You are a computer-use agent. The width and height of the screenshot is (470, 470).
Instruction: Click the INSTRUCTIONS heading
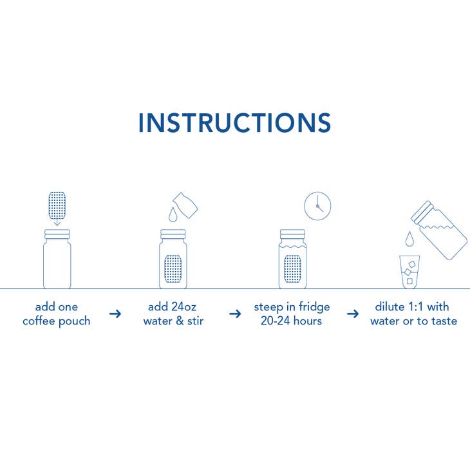pos(235,122)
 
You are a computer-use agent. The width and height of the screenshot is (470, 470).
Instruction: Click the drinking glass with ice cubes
pos(409,272)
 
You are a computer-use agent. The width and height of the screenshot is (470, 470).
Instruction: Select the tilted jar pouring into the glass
pos(439,230)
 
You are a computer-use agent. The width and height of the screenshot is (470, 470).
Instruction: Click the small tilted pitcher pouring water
pos(185,205)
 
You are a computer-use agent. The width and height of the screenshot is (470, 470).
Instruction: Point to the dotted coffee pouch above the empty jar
pos(57,205)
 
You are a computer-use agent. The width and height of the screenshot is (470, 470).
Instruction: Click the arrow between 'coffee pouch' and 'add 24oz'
pos(115,314)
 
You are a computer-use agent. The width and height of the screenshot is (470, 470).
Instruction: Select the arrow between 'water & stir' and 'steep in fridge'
pos(235,314)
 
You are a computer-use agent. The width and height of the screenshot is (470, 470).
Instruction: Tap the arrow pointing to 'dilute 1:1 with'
pos(353,314)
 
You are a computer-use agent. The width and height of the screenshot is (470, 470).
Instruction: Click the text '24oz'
pos(184,306)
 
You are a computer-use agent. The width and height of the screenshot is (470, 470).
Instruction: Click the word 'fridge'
pos(314,307)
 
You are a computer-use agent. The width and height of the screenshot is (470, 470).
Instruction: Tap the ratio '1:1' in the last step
pos(416,306)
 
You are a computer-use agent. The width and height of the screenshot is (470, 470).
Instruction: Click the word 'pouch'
pos(74,322)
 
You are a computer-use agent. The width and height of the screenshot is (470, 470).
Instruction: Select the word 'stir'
pos(195,321)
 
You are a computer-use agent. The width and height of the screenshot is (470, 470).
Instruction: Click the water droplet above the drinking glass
pos(409,239)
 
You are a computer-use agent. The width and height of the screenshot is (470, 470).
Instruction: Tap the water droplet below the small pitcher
pos(173,214)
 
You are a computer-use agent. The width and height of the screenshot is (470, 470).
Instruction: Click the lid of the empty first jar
pos(57,234)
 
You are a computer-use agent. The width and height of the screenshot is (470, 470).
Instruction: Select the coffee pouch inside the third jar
pos(292,268)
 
